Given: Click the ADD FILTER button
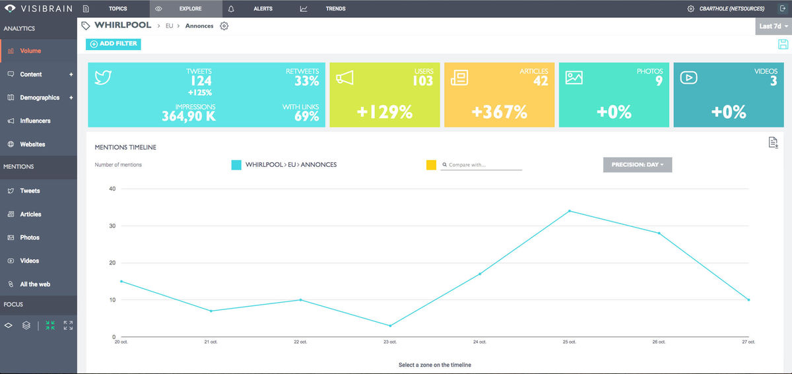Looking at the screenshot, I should pos(113,44).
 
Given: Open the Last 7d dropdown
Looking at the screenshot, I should pos(774,26).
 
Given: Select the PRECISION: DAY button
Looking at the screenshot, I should pos(638,164).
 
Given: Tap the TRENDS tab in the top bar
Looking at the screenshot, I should pos(335,9).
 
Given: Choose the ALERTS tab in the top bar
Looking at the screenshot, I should pos(263,9).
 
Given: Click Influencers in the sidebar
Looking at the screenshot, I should pos(35,121).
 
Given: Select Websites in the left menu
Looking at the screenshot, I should pos(32,144).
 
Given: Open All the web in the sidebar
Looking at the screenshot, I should pos(35,284).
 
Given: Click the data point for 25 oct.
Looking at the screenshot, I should pos(570,211).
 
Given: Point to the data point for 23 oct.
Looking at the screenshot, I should pos(390,326).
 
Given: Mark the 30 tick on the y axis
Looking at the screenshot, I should pos(112,226).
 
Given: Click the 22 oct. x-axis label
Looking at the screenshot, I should pos(300,342).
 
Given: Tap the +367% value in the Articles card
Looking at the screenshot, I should pos(500,112).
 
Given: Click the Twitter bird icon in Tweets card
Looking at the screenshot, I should pos(103,78).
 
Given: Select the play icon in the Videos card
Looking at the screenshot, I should pos(688,78).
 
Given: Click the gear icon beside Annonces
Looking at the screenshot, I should pos(224,26).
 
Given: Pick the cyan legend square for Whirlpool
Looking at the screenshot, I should pos(236,165).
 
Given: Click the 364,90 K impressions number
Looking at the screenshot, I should pos(189,117).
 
